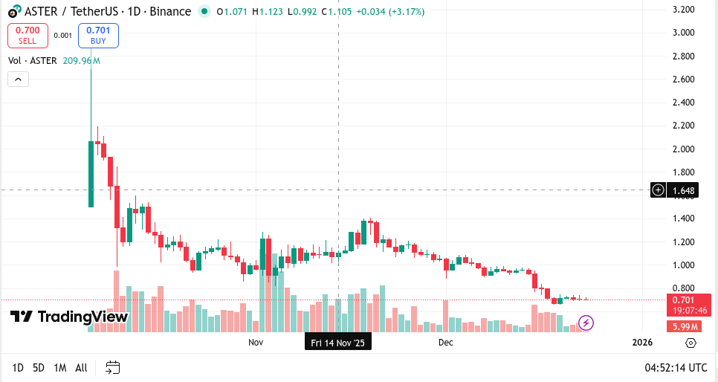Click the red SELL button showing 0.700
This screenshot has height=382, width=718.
pos(28,35)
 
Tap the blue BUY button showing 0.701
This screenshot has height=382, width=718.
pos(98,35)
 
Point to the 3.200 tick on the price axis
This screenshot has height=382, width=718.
pos(683,10)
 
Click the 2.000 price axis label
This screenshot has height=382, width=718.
pos(683,149)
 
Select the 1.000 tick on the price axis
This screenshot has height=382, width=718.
pos(683,265)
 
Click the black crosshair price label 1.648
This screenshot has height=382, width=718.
pos(684,190)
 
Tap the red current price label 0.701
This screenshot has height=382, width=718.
pos(683,300)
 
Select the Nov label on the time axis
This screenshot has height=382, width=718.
pos(256,343)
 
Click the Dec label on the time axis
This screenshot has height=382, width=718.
pos(445,343)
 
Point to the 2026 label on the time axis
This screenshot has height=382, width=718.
pos(641,343)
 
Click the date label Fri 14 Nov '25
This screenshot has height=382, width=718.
pos(338,343)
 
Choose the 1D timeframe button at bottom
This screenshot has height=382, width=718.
pos(18,367)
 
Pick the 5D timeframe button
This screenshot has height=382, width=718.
pos(39,367)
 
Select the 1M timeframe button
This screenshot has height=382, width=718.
pos(60,367)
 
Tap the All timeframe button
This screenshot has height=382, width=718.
pos(81,367)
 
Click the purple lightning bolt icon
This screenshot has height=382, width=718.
pos(586,323)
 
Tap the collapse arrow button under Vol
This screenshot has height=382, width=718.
pos(18,79)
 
